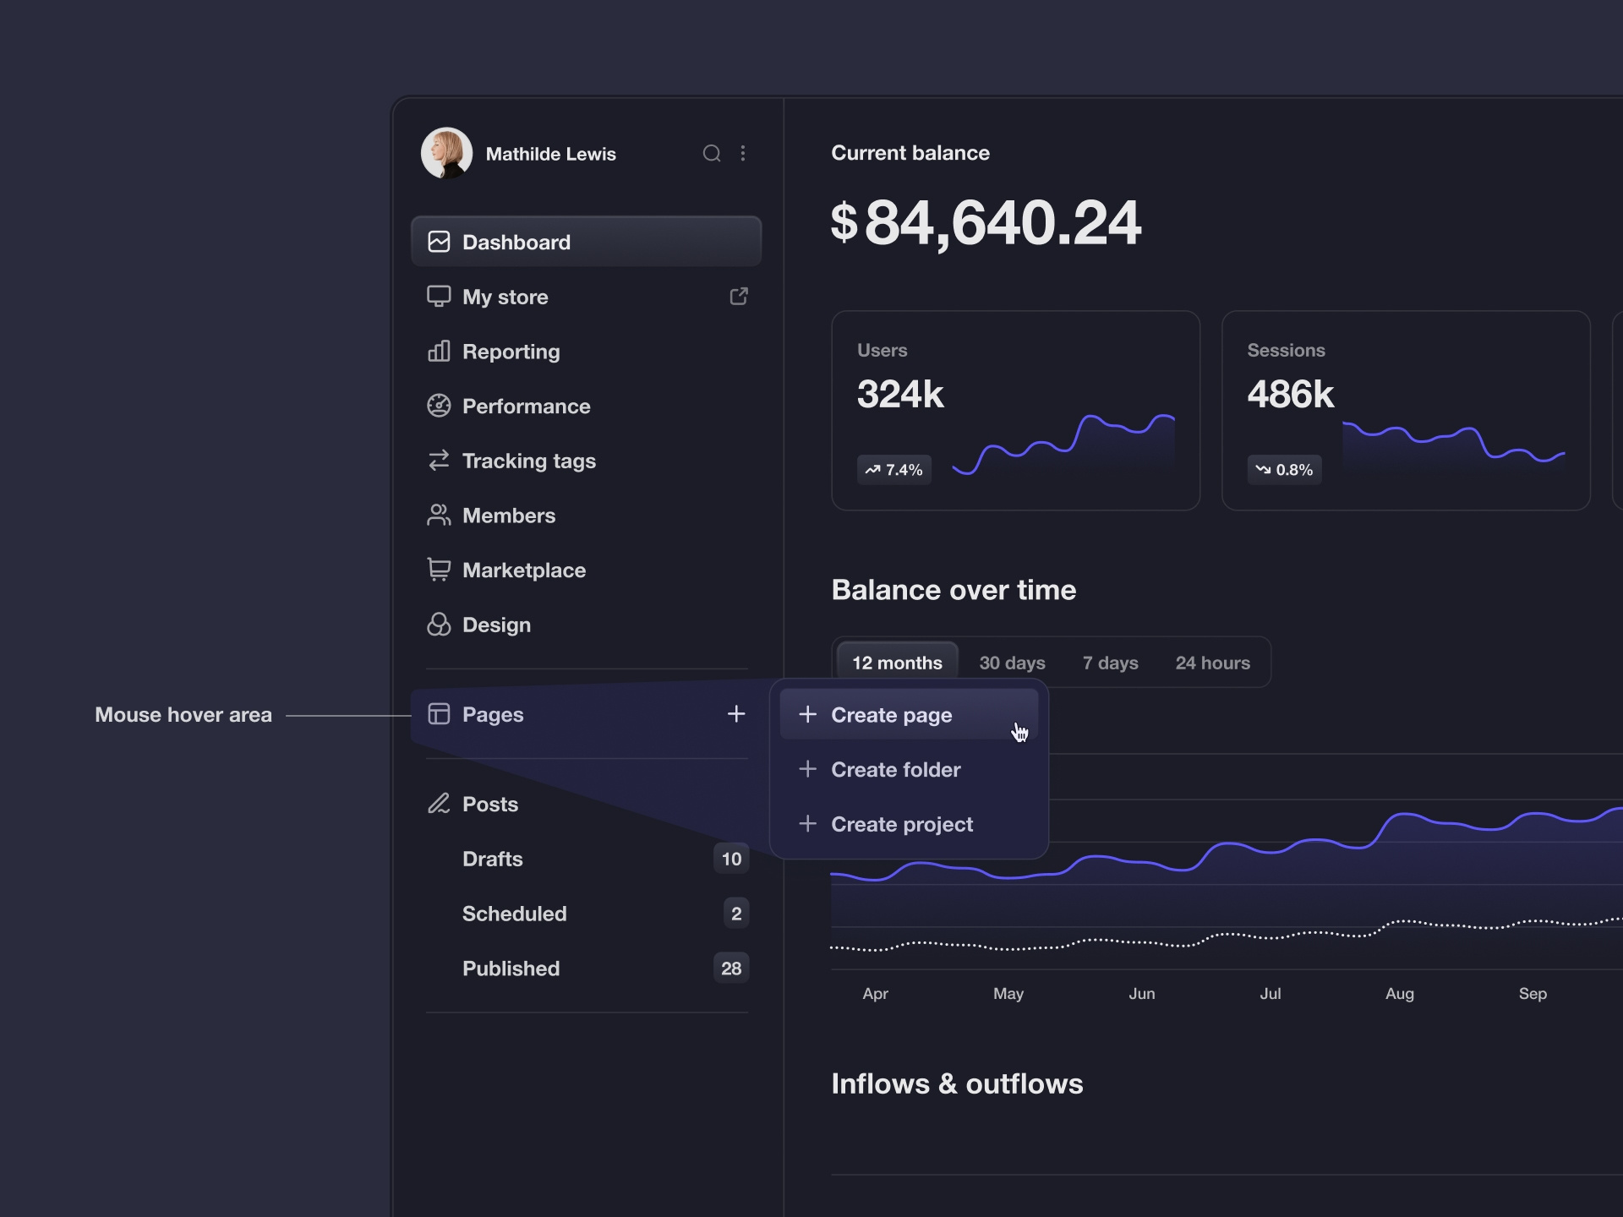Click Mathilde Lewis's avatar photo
pos(446,153)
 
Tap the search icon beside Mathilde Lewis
pos(712,153)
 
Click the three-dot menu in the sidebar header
pos(743,153)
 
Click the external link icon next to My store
pos(739,297)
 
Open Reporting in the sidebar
pos(511,352)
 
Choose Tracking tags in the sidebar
pos(528,461)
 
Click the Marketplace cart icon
pos(439,570)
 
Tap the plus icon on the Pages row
pos(736,714)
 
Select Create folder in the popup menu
pos(895,769)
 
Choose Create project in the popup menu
pos(901,824)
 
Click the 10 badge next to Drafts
pos(731,859)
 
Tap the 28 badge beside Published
pos(731,969)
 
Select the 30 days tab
pos(1012,663)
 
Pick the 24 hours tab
pos(1212,663)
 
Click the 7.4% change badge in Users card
pos(894,470)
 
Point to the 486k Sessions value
pos(1290,395)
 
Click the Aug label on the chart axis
pos(1399,994)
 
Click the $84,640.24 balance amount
pos(986,223)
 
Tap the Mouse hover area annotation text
pos(183,715)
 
